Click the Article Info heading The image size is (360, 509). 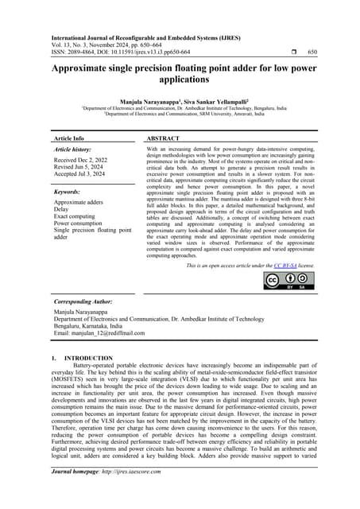point(72,138)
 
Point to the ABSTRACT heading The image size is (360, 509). point(165,138)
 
